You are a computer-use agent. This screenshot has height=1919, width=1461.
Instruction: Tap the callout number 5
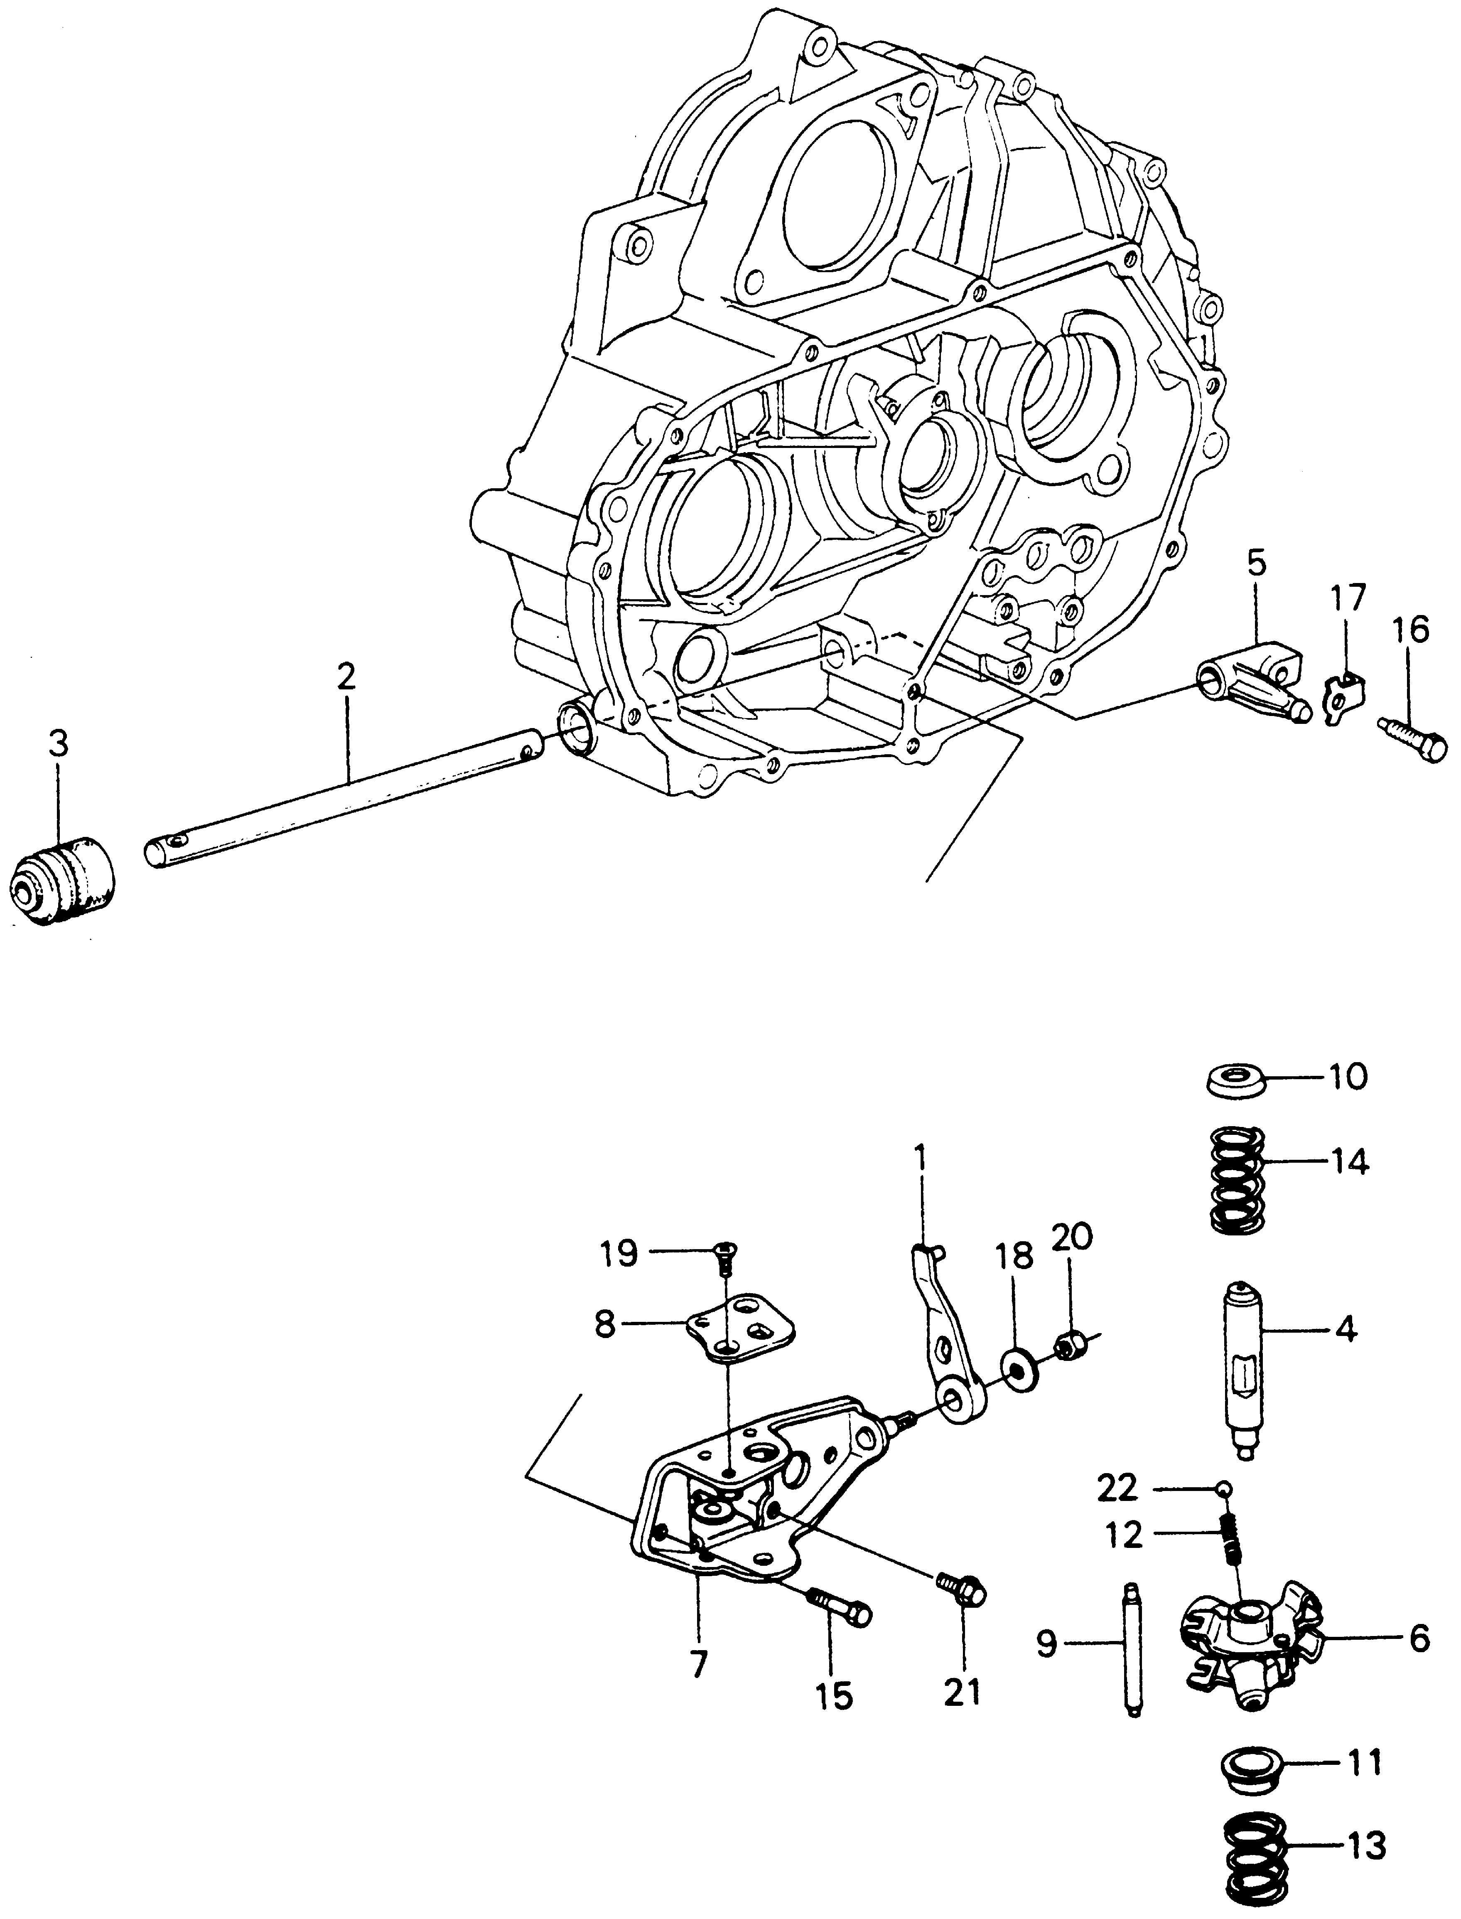click(1257, 566)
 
